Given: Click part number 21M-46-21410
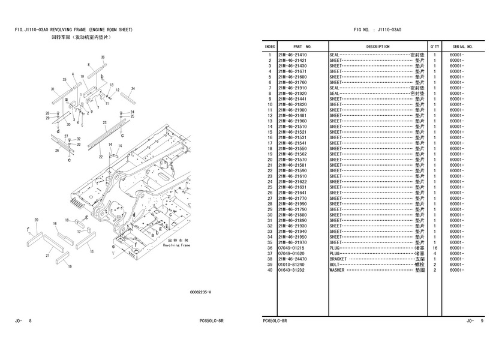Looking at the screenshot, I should pyautogui.click(x=292, y=55).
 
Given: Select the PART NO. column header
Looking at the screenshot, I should pyautogui.click(x=302, y=46).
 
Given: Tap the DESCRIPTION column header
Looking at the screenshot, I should pyautogui.click(x=377, y=46).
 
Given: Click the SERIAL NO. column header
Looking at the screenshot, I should pyautogui.click(x=462, y=46).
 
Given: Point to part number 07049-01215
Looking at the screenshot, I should pyautogui.click(x=292, y=248).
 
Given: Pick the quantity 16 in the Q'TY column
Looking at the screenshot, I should pyautogui.click(x=434, y=248).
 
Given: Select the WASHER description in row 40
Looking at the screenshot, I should pyautogui.click(x=337, y=270).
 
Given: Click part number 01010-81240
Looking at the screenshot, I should pyautogui.click(x=292, y=265).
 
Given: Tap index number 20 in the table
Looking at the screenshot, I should pyautogui.click(x=270, y=160).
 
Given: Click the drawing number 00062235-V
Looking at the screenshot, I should pyautogui.click(x=200, y=292).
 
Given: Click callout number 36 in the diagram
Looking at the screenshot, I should pyautogui.click(x=103, y=57).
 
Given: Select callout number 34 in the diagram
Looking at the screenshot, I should pyautogui.click(x=133, y=88).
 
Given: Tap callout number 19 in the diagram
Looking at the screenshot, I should pyautogui.click(x=69, y=266).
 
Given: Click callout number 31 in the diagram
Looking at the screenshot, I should pyautogui.click(x=53, y=89).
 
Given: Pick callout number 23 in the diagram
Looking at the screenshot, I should pyautogui.click(x=104, y=122).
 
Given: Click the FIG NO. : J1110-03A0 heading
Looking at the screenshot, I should pyautogui.click(x=378, y=29).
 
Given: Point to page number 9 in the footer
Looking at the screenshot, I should pyautogui.click(x=482, y=322).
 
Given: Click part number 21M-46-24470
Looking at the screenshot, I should pyautogui.click(x=292, y=259).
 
